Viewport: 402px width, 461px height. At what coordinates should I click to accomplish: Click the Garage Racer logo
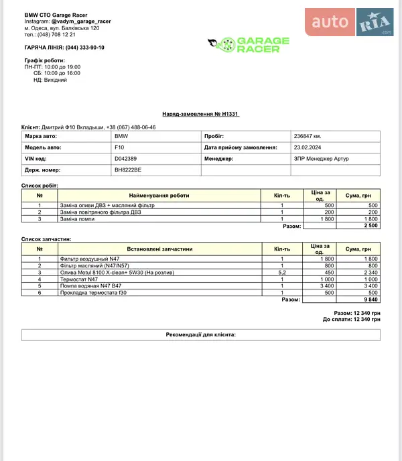coord(249,46)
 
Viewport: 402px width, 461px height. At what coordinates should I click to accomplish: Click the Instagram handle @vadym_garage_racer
coord(81,21)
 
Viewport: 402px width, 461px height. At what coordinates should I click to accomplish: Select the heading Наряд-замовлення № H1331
coord(201,115)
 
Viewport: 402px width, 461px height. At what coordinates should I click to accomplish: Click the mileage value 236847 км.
coord(308,136)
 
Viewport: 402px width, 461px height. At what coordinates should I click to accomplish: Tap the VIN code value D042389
coord(126,159)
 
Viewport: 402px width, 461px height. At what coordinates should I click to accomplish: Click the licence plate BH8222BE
coord(129,170)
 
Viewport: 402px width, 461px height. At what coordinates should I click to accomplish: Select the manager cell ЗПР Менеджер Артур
coord(322,159)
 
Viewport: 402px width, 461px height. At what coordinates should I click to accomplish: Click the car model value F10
coord(120,147)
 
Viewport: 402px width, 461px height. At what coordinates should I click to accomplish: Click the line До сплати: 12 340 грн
coord(351,319)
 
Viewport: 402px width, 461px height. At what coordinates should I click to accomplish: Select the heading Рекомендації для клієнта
coord(201,334)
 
